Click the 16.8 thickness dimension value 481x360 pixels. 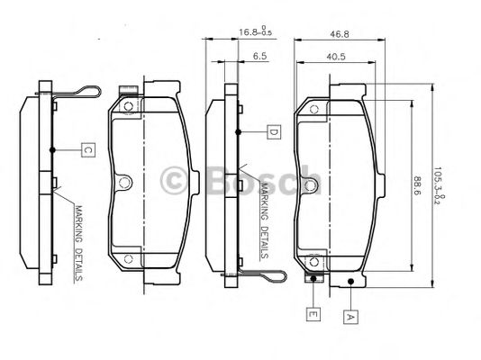pos(250,33)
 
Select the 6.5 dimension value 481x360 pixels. pos(259,56)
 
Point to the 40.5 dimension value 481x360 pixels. pos(334,56)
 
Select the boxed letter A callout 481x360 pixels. pos(349,316)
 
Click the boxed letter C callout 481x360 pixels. pos(87,150)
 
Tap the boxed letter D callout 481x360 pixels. pos(273,132)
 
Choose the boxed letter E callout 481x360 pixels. pos(312,315)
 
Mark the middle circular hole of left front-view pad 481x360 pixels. pos(127,183)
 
